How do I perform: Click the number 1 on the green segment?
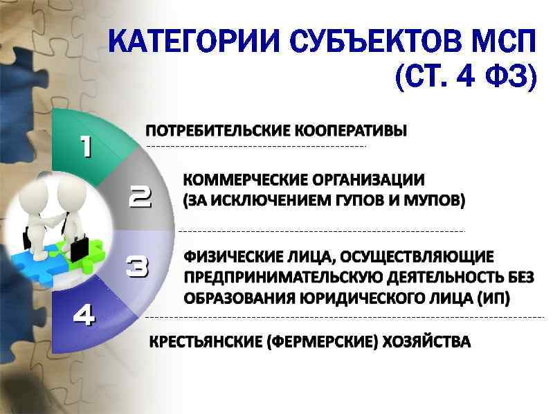click(85, 146)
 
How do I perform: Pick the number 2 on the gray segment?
click(140, 197)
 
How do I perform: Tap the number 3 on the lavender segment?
click(138, 267)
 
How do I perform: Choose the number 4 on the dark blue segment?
click(84, 316)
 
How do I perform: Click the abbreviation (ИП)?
click(494, 298)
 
